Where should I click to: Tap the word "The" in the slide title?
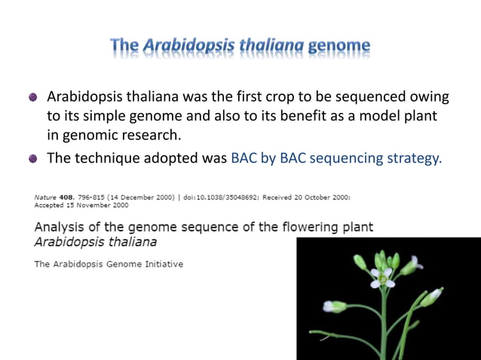[124, 47]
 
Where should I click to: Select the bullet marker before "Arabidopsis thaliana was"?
[32, 98]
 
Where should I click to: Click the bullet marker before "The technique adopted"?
[32, 159]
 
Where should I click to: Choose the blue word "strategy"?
[413, 158]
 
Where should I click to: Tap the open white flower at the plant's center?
[382, 278]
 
